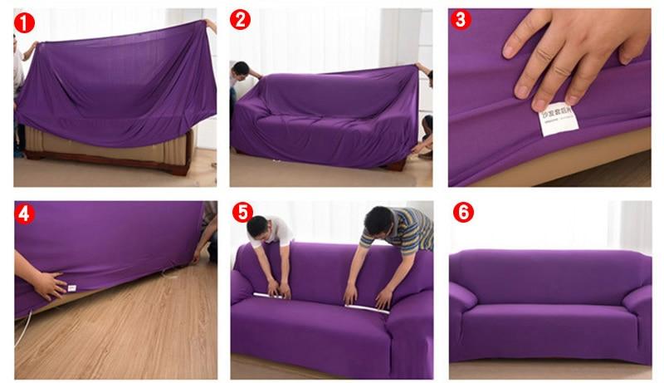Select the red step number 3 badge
coord(461,20)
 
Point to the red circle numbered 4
coord(25,214)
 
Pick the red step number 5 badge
coord(242,213)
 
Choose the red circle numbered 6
coord(463,213)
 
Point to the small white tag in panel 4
coord(72,288)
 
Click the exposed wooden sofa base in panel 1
coord(108,154)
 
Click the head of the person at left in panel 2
coord(241,69)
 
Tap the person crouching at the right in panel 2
coord(424,137)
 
